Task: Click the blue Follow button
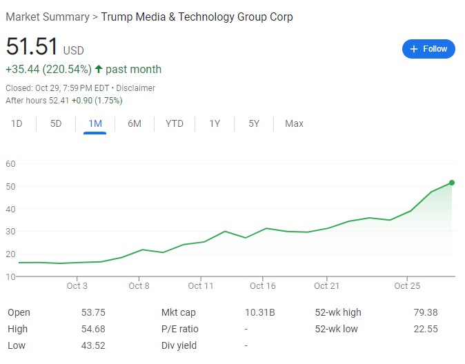428,49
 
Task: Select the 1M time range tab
95,123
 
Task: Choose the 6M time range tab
135,123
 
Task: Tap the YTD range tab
175,123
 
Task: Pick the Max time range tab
294,123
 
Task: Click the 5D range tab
56,123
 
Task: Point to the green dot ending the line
452,183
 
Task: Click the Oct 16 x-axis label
262,285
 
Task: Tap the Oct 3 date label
77,285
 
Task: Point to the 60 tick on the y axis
10,163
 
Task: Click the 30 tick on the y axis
10,231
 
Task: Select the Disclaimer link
135,88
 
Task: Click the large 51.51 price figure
32,46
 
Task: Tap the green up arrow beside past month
99,70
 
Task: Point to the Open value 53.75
93,312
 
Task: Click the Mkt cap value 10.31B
260,312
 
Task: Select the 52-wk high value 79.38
426,312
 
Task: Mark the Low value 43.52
93,345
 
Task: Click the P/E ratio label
179,329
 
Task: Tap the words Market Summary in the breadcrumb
48,17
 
